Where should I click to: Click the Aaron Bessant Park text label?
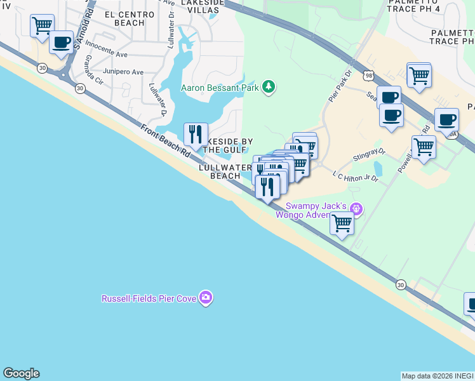(x=220, y=88)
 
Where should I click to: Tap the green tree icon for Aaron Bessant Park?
(x=269, y=86)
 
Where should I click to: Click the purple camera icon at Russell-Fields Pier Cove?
(x=205, y=297)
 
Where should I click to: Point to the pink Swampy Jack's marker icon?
(x=356, y=208)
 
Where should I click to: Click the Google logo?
(x=21, y=373)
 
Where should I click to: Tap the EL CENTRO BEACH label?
(x=130, y=18)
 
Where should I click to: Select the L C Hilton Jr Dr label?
(x=356, y=176)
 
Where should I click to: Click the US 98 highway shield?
(x=369, y=76)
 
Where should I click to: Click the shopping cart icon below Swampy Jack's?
(x=342, y=224)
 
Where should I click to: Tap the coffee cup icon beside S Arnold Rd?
(x=62, y=43)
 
